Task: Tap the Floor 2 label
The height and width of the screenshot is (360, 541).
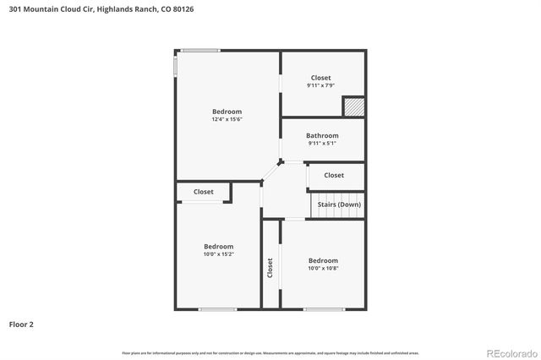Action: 22,324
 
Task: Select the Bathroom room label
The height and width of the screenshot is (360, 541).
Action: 322,135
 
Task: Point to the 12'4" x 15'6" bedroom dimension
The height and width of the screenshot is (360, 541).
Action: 227,119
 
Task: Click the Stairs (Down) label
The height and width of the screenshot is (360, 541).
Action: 339,204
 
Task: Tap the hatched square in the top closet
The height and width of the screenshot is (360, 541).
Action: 352,107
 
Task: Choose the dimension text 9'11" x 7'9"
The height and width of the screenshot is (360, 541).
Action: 321,85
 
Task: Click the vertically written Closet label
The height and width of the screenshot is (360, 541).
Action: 270,268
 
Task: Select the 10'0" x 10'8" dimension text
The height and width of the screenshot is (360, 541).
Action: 323,268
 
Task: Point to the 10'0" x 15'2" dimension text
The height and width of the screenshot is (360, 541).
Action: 218,254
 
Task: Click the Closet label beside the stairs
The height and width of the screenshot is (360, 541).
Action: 334,176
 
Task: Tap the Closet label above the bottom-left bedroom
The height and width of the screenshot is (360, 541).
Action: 204,192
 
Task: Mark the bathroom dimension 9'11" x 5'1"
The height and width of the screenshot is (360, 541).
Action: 321,143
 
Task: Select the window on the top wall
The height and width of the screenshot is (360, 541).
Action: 200,51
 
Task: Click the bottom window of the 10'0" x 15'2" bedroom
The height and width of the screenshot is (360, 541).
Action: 217,309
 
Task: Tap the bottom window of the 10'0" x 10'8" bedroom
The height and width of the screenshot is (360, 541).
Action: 324,309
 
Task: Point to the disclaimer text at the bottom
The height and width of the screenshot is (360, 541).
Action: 270,352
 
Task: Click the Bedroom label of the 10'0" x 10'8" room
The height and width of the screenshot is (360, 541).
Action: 323,260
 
